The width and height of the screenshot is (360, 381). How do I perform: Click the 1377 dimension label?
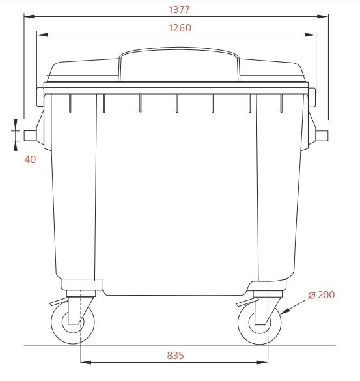click(x=179, y=10)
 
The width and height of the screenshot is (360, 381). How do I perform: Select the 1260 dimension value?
click(x=180, y=28)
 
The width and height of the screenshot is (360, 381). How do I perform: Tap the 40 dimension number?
click(x=30, y=160)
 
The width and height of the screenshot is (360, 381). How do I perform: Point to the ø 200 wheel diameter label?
click(x=321, y=295)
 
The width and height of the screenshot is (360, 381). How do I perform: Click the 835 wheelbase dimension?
click(x=175, y=355)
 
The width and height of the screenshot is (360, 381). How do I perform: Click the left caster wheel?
click(x=73, y=322)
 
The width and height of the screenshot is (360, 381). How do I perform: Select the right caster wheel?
click(x=260, y=322)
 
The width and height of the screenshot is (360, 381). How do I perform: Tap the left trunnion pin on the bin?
click(x=30, y=135)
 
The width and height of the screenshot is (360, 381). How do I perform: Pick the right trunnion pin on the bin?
click(x=322, y=135)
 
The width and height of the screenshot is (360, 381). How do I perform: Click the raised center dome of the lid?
click(x=179, y=64)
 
